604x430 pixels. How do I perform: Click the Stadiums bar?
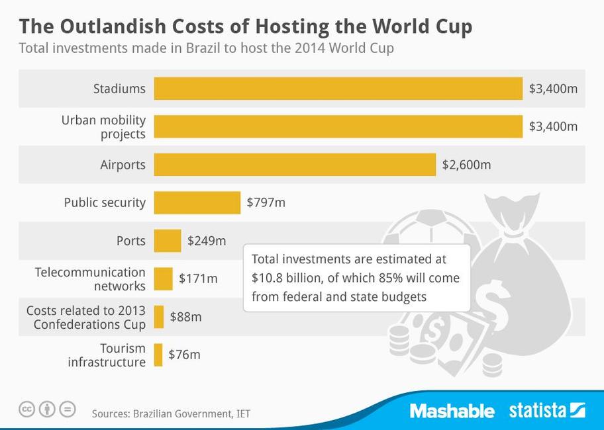(x=338, y=89)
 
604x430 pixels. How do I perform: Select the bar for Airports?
(x=295, y=165)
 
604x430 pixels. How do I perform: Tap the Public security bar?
(x=197, y=202)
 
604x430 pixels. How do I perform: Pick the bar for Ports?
(x=167, y=241)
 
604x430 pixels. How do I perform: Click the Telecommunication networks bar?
(x=163, y=279)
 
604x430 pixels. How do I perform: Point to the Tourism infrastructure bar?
(x=158, y=355)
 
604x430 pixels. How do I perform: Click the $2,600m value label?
(x=466, y=165)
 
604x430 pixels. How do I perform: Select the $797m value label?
(x=266, y=202)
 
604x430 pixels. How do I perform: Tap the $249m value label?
(x=207, y=241)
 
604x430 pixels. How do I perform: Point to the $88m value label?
(x=185, y=317)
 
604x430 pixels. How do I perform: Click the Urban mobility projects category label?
(x=103, y=127)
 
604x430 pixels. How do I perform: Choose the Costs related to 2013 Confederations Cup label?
(x=86, y=317)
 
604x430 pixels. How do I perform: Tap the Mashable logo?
(x=452, y=411)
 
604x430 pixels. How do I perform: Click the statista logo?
(x=546, y=411)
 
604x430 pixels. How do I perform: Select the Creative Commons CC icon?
(x=26, y=409)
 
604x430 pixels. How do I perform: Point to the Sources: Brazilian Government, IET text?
(x=171, y=414)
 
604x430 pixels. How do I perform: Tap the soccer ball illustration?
(x=430, y=228)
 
